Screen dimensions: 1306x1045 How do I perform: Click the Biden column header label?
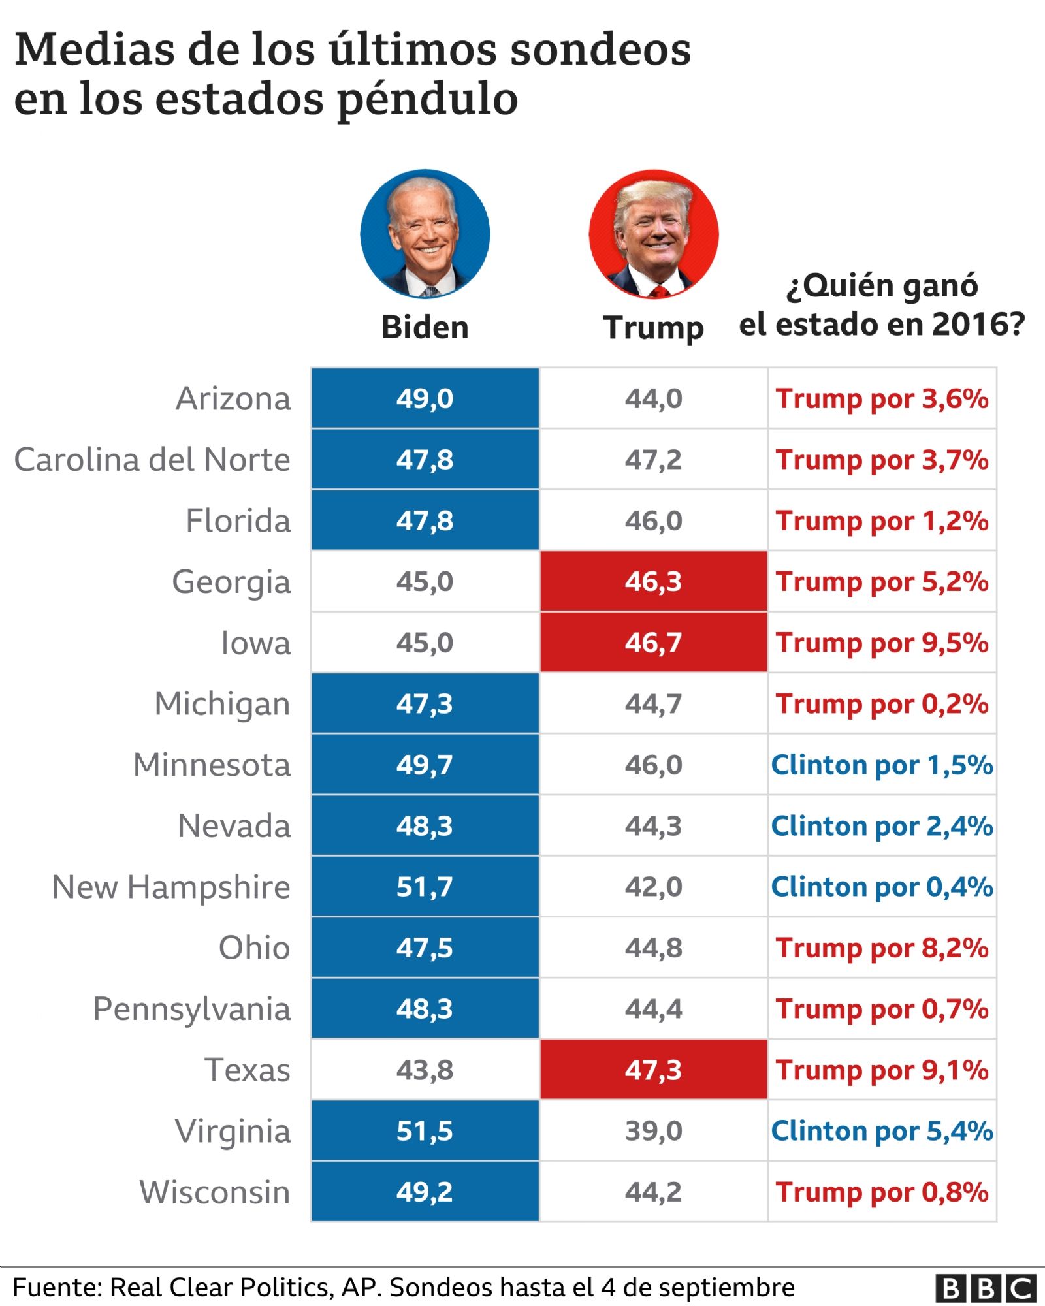click(425, 327)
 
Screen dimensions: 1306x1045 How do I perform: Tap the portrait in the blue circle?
click(425, 234)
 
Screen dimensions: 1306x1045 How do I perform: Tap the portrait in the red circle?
click(653, 234)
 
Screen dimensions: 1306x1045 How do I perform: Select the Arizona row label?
click(233, 398)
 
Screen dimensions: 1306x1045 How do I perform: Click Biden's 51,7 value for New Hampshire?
click(425, 887)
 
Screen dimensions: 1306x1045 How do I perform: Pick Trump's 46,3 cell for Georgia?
click(653, 581)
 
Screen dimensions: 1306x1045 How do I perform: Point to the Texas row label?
click(248, 1070)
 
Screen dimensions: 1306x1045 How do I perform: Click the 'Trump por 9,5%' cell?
click(882, 643)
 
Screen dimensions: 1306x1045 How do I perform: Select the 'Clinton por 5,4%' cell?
click(882, 1131)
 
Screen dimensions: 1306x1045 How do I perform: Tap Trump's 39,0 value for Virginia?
click(653, 1131)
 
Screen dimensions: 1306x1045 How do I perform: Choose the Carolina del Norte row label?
click(152, 460)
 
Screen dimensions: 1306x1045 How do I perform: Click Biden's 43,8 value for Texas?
click(425, 1070)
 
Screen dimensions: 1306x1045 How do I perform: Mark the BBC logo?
click(986, 1288)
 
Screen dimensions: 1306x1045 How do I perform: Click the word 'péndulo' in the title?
click(427, 100)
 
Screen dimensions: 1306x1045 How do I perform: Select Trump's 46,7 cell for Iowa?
click(653, 643)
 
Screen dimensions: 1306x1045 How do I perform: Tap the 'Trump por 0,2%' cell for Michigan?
click(882, 704)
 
